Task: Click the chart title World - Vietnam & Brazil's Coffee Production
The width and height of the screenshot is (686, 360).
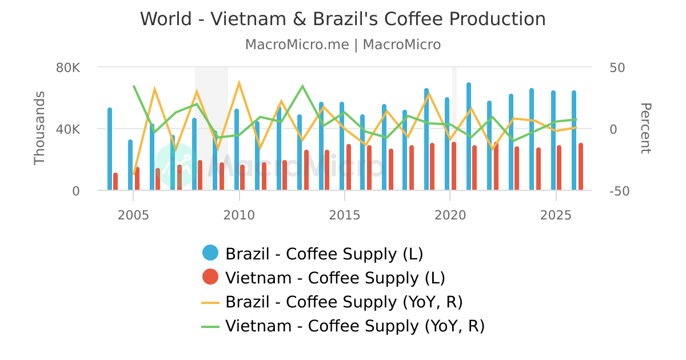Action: click(x=343, y=19)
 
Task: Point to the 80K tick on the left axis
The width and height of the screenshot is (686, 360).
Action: click(x=68, y=67)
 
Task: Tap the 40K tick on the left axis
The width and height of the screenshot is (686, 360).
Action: click(x=68, y=129)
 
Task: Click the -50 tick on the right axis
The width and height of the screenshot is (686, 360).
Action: click(x=620, y=191)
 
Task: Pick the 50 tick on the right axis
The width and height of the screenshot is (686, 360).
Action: click(x=617, y=67)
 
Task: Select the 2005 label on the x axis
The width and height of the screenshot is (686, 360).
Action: click(x=133, y=215)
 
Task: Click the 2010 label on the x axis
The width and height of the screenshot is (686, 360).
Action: click(x=239, y=215)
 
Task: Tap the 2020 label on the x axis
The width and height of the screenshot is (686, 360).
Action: click(x=450, y=215)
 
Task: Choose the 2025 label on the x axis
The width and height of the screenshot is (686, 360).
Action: click(x=556, y=215)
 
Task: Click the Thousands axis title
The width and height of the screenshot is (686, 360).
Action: click(x=39, y=128)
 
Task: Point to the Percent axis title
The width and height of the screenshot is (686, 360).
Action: click(x=645, y=128)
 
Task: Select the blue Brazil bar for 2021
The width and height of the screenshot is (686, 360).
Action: click(x=469, y=137)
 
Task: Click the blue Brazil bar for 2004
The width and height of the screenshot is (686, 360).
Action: click(x=110, y=150)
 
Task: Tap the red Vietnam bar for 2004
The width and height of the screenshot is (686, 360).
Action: click(x=115, y=182)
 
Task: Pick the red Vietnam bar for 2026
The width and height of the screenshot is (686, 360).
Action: click(x=581, y=167)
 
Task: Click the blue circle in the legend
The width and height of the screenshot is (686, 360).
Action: click(x=210, y=253)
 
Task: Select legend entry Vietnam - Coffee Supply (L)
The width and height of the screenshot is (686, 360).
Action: click(x=335, y=278)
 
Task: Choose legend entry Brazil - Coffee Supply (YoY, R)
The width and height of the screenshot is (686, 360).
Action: click(x=344, y=302)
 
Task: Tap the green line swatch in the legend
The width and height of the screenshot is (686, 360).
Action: click(x=210, y=326)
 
